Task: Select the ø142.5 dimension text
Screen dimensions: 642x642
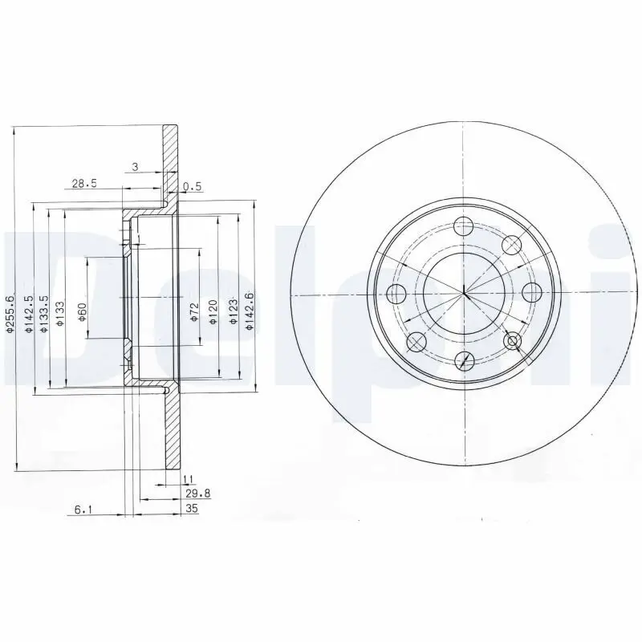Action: pyautogui.click(x=28, y=312)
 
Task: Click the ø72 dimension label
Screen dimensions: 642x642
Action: pyautogui.click(x=194, y=311)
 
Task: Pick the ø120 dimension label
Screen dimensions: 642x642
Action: pyautogui.click(x=213, y=311)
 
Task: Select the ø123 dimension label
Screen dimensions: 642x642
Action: pyautogui.click(x=234, y=311)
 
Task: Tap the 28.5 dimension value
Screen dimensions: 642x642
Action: pyautogui.click(x=83, y=183)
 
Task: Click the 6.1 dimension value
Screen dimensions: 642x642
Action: pyautogui.click(x=83, y=509)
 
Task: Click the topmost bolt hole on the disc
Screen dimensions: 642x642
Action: pyautogui.click(x=464, y=227)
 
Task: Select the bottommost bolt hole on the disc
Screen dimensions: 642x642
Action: pyautogui.click(x=464, y=360)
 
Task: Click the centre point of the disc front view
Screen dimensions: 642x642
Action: pyautogui.click(x=464, y=294)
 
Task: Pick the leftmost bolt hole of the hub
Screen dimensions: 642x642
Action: pyautogui.click(x=397, y=294)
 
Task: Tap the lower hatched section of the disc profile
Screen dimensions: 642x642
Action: pyautogui.click(x=170, y=429)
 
